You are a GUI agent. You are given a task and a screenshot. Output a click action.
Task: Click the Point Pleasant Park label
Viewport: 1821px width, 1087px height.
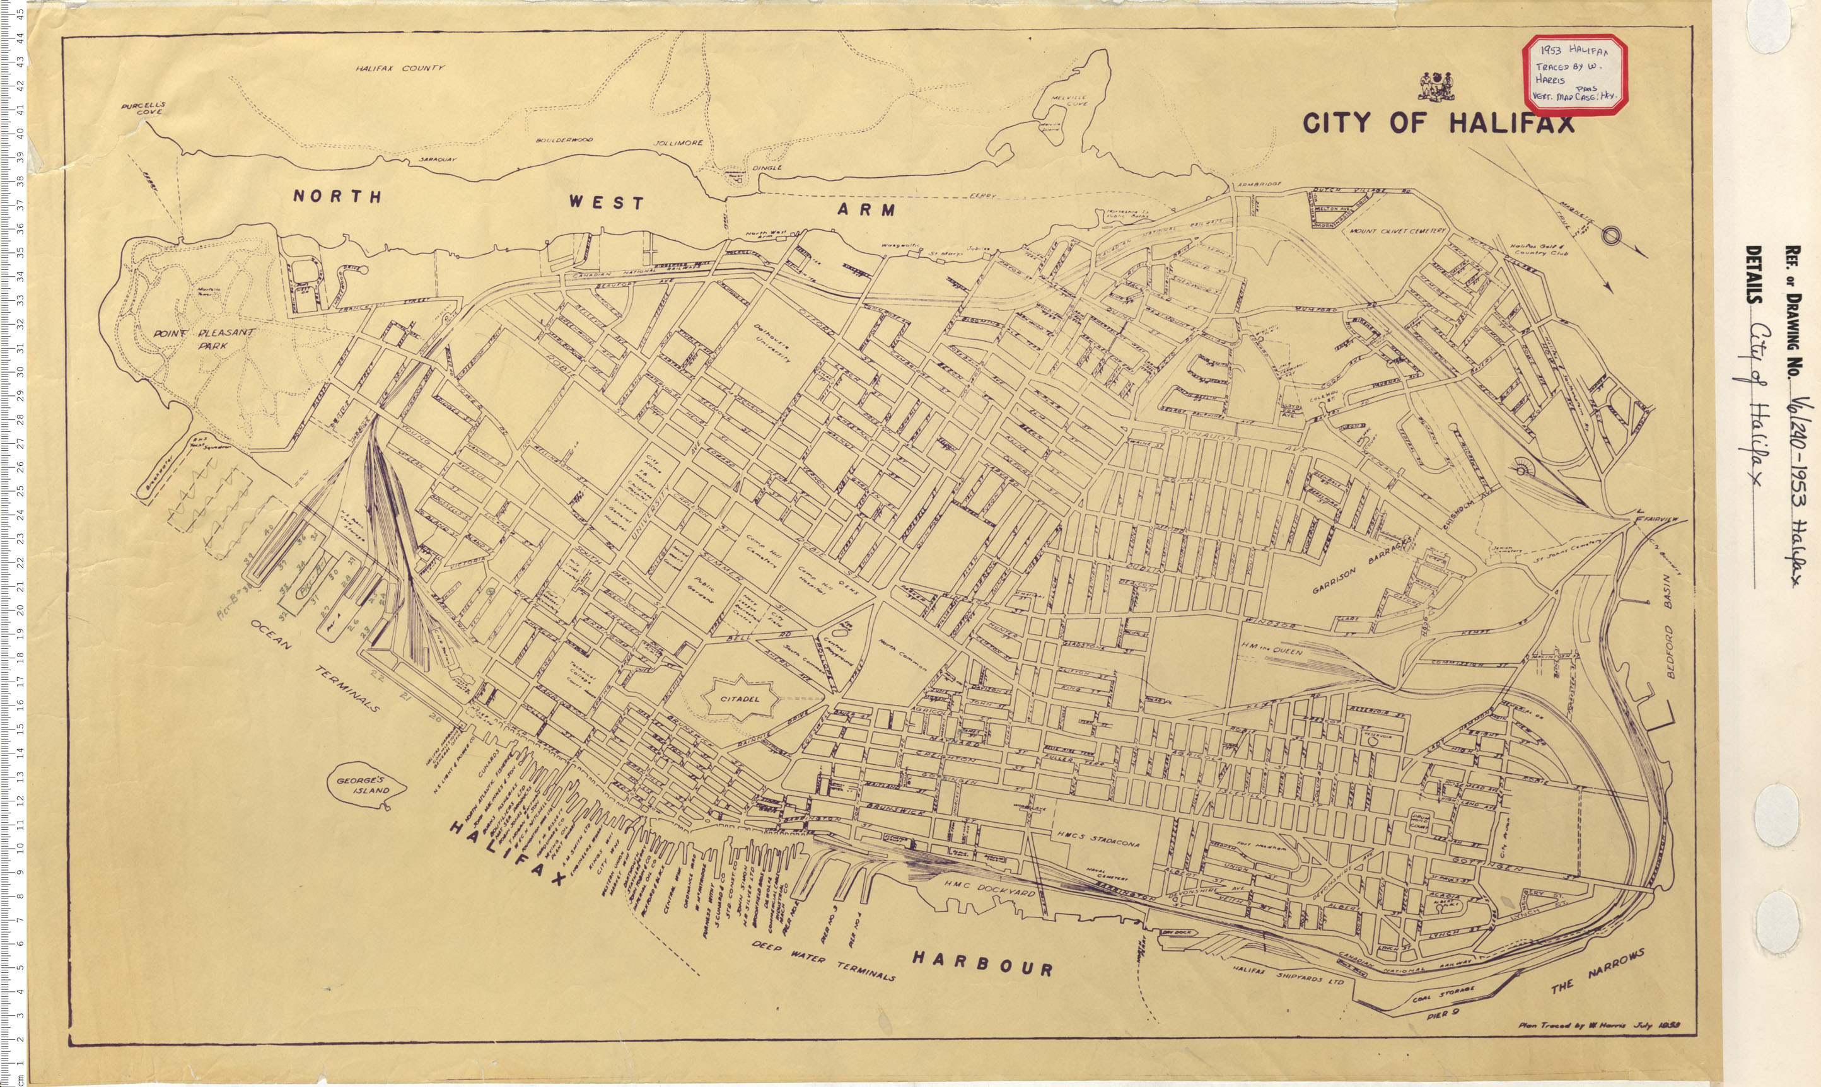[x=203, y=338]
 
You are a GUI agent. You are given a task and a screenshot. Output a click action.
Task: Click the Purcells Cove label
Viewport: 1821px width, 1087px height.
[x=144, y=108]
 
